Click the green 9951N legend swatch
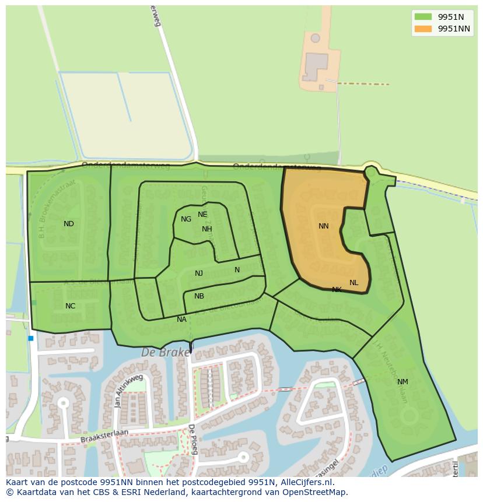(x=423, y=17)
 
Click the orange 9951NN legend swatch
(x=423, y=29)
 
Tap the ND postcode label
(x=69, y=224)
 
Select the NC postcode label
(x=70, y=306)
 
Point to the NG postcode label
(x=186, y=219)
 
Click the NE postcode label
(x=202, y=215)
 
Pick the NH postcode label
(x=207, y=229)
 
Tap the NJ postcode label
(x=199, y=273)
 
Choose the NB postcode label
(x=199, y=296)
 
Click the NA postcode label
(x=181, y=320)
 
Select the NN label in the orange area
(x=324, y=226)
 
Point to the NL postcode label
(x=354, y=283)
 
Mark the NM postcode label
(x=402, y=382)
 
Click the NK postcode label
(x=337, y=290)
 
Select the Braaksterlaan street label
(x=104, y=435)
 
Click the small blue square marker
(x=31, y=338)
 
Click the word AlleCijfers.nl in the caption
(x=306, y=482)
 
